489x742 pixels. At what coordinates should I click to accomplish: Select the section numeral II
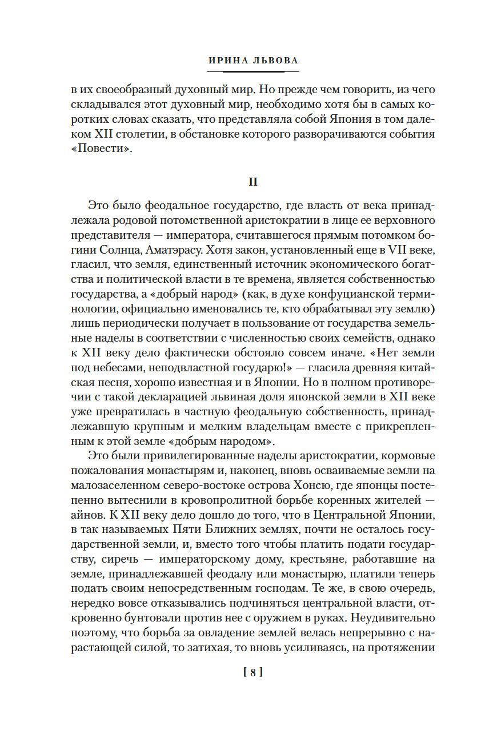(x=253, y=182)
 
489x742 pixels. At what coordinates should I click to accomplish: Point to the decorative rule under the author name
(x=253, y=71)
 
